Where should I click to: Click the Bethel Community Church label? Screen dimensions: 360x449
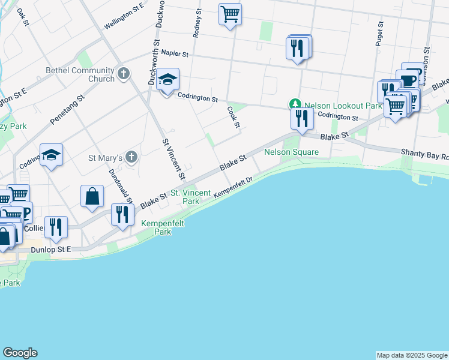(x=80, y=74)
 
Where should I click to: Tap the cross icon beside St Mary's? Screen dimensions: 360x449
(x=131, y=157)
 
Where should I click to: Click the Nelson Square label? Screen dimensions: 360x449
(x=292, y=152)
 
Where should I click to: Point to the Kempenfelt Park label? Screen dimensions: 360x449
(x=162, y=227)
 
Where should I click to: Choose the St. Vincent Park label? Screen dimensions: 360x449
(x=191, y=197)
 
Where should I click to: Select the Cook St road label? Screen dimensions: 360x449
(x=233, y=118)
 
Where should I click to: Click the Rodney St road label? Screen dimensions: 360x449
(x=197, y=26)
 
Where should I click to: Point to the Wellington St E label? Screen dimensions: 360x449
(x=124, y=16)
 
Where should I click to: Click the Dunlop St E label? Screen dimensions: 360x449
(x=52, y=249)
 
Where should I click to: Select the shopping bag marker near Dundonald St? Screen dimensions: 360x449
(x=92, y=197)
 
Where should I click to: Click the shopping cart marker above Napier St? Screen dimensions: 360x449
(x=231, y=14)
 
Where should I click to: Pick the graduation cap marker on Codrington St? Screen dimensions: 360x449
(x=167, y=80)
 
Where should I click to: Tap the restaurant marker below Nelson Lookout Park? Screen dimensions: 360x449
(x=302, y=118)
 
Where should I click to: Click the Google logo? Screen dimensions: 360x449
(x=20, y=353)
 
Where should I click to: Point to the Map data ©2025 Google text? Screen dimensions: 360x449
(x=412, y=355)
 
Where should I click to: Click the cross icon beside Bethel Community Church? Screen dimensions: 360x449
(x=124, y=74)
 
